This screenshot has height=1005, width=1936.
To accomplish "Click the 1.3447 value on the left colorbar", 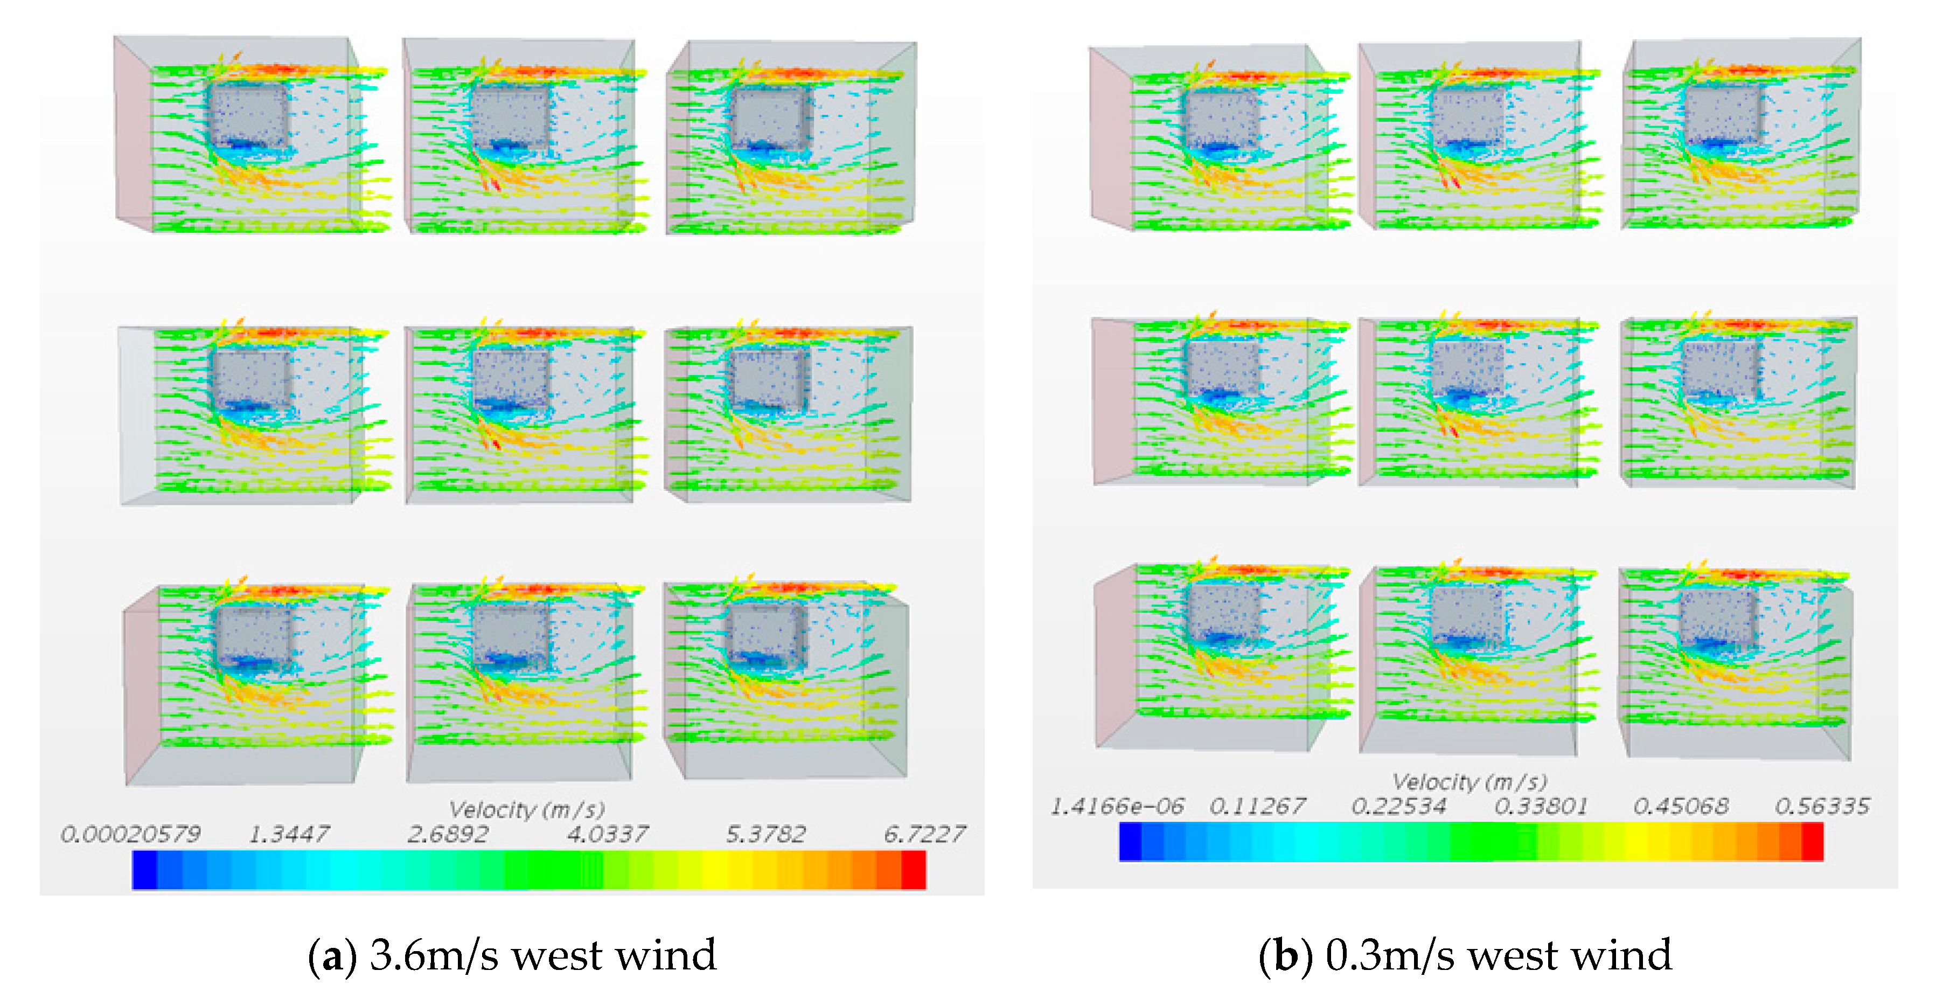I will (289, 834).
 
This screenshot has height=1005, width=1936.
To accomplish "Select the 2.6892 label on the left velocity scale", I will (448, 834).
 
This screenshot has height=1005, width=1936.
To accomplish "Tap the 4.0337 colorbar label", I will (607, 834).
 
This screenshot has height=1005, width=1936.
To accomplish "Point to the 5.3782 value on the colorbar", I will (766, 834).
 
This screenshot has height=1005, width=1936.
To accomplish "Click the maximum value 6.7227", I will (924, 834).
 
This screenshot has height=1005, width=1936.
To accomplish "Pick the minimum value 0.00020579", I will (131, 834).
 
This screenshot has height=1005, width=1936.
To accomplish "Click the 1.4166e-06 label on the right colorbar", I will (1117, 807).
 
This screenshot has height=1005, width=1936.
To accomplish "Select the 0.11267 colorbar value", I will (1257, 807).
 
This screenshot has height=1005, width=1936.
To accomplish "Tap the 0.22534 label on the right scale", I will (1398, 807).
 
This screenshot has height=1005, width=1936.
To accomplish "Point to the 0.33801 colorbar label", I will (1541, 807).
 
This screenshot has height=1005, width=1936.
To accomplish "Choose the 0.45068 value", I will (1681, 807).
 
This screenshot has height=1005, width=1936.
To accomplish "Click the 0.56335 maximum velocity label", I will (1822, 807).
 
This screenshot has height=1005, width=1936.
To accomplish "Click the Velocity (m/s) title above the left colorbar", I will (527, 809).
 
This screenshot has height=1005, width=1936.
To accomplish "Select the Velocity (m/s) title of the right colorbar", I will (1470, 782).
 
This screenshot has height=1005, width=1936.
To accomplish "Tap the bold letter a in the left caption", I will (332, 956).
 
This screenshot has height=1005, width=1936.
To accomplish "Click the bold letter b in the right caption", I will (1285, 956).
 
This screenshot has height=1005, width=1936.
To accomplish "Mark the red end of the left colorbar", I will (913, 870).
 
